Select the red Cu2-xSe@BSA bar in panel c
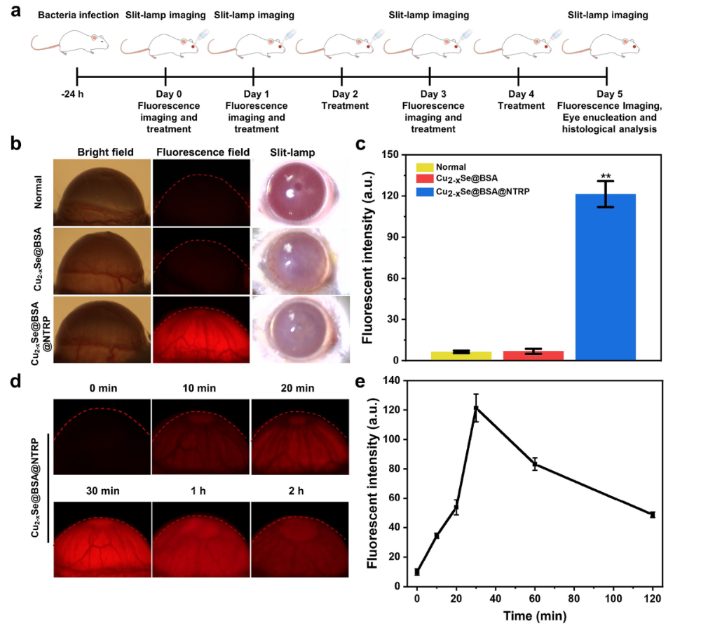pos(533,356)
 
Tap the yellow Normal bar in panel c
pos(461,356)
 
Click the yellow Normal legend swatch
pos(425,168)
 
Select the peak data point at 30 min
pos(476,408)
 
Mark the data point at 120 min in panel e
pos(653,514)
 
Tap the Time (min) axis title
pos(535,615)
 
